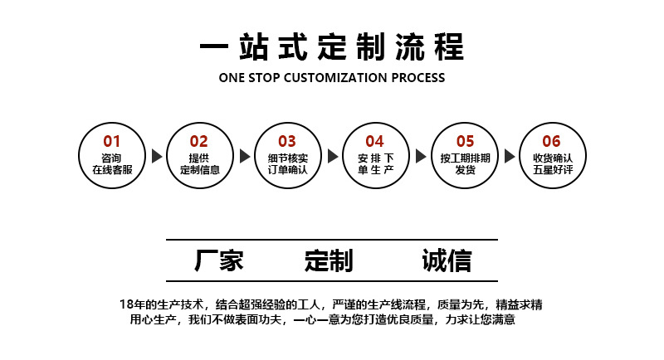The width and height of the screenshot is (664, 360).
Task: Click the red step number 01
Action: click(x=111, y=141)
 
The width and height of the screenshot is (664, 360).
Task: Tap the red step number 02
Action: click(x=199, y=141)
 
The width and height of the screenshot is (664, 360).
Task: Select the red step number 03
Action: click(x=286, y=141)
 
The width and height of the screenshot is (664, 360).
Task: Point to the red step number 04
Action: click(x=375, y=141)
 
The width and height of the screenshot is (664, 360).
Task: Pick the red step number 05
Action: click(x=465, y=141)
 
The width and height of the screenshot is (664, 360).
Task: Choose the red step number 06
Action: click(x=552, y=141)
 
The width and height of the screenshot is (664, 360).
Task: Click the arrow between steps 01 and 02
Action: click(x=156, y=156)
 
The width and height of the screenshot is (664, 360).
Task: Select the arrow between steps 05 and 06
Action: click(x=509, y=156)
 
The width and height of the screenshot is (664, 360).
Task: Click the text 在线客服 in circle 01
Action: click(x=112, y=170)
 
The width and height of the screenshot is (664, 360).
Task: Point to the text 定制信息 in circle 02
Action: click(x=199, y=170)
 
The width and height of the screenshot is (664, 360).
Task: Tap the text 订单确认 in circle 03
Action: click(x=287, y=170)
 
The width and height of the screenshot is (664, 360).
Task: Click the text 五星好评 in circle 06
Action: click(x=553, y=170)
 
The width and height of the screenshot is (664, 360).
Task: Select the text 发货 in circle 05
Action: click(x=465, y=170)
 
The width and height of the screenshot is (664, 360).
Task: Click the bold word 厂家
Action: click(x=219, y=260)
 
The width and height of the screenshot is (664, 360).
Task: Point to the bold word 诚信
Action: click(x=447, y=260)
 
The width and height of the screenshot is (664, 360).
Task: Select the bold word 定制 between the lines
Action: click(x=329, y=260)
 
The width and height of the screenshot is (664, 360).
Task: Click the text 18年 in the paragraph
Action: click(x=133, y=304)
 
